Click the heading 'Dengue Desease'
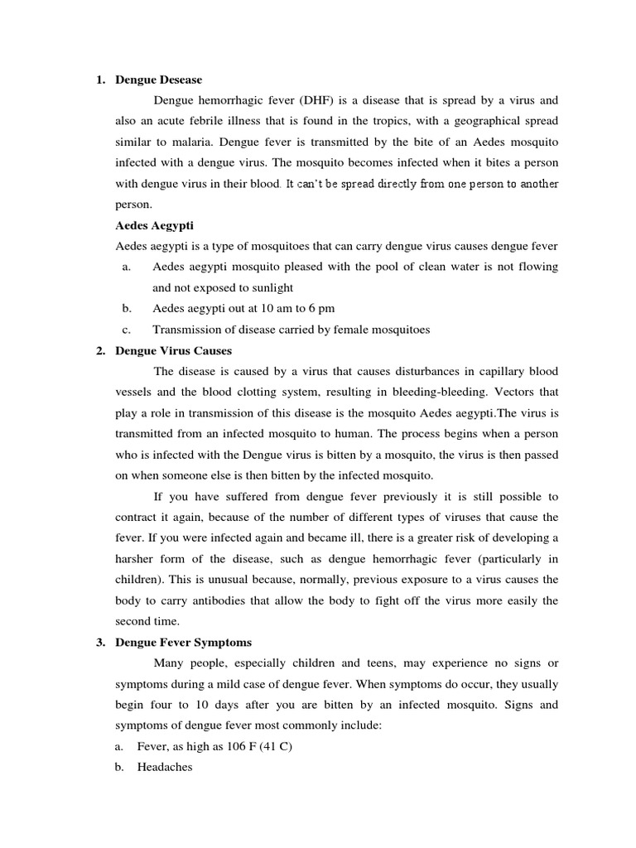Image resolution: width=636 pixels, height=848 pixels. coord(159,80)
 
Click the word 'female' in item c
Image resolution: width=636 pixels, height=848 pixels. coord(354,329)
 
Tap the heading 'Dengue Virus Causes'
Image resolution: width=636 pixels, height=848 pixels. coord(173,351)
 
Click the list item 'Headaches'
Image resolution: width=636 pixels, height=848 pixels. coord(164,767)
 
